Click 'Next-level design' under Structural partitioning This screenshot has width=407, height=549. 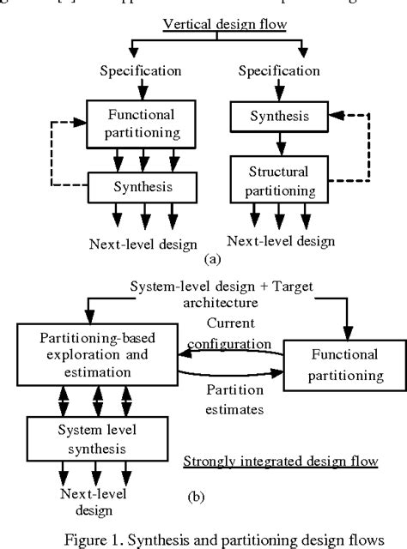tap(285, 241)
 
